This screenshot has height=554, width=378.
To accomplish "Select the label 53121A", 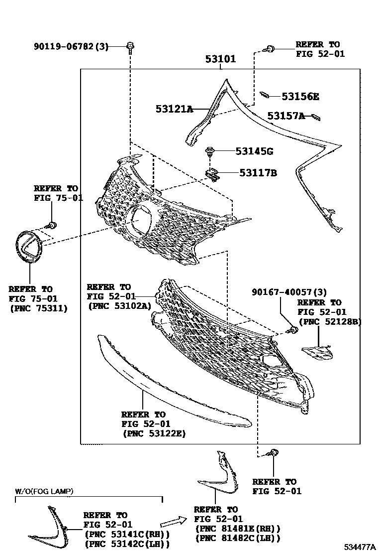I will (173, 109).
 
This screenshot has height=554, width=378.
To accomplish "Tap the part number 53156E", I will (300, 97).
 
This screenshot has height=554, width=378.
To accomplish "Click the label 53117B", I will (258, 173).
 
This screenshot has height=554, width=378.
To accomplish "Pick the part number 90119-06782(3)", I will (71, 47).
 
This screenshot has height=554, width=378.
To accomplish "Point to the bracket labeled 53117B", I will (213, 174).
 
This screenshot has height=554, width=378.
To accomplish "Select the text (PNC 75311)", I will (38, 308).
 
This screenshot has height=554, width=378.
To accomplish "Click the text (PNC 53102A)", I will (119, 306).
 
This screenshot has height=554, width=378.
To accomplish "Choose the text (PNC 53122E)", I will (154, 433).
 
